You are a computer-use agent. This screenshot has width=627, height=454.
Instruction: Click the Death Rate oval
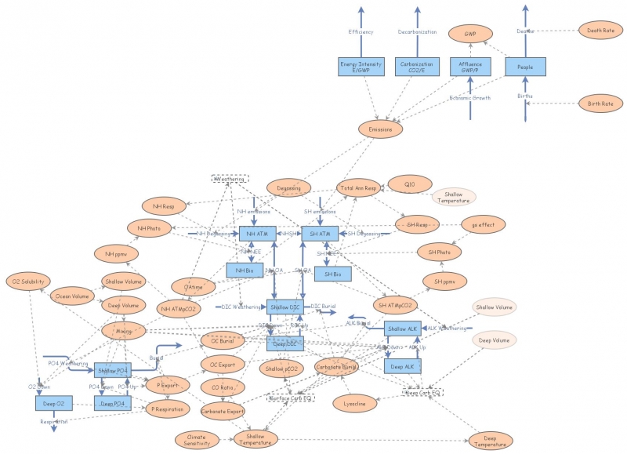coord(600,31)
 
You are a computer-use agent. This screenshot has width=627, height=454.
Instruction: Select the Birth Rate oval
coord(600,103)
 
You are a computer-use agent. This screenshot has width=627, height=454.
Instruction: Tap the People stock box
coord(525,67)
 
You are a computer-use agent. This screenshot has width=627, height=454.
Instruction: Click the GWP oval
coord(470,35)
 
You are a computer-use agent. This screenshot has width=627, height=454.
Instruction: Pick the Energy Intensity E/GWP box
coord(361,67)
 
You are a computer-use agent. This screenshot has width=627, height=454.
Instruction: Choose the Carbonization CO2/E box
coord(416,67)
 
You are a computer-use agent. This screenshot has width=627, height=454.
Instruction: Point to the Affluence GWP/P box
coord(470,67)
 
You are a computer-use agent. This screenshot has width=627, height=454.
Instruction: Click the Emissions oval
coord(381,128)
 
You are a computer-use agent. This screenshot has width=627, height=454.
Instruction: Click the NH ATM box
coord(259,234)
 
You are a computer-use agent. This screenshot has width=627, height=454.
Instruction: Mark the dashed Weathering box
coord(230,179)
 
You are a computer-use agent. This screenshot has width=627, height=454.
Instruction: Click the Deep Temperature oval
coord(491,441)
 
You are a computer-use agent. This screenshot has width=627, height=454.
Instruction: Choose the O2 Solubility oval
coord(27,281)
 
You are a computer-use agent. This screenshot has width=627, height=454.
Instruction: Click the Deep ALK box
coord(403,366)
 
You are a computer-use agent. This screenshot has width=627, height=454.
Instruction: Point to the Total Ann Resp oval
coord(358,188)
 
